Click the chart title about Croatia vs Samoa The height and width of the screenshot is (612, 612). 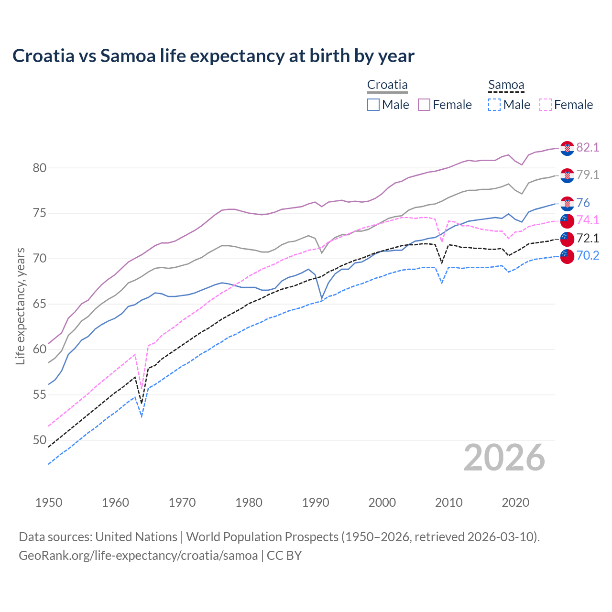click(x=213, y=56)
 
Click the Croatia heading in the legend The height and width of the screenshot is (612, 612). click(x=387, y=85)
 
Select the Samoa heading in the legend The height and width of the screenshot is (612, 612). click(x=506, y=85)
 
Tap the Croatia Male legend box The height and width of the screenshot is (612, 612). click(x=373, y=105)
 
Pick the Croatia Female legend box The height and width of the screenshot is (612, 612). click(x=424, y=105)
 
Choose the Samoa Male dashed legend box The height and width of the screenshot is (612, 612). click(x=494, y=105)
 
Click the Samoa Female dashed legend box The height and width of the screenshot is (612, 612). click(x=545, y=105)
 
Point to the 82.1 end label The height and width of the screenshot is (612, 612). click(x=588, y=147)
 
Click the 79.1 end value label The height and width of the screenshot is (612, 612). click(x=588, y=175)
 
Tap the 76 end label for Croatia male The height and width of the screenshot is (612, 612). click(x=583, y=203)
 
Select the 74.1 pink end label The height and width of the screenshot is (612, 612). click(x=588, y=220)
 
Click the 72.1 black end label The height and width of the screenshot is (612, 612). click(x=588, y=238)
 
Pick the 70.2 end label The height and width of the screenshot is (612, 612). click(x=588, y=256)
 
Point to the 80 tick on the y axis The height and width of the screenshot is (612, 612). click(x=40, y=168)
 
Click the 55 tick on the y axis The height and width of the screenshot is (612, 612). click(x=40, y=395)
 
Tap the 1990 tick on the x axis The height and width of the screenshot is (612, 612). click(x=316, y=503)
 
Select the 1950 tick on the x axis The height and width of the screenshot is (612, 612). click(x=49, y=503)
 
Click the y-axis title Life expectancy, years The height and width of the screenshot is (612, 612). click(x=20, y=306)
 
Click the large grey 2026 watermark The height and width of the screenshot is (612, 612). click(x=504, y=458)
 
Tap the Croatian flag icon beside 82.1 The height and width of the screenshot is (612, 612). click(x=567, y=148)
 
